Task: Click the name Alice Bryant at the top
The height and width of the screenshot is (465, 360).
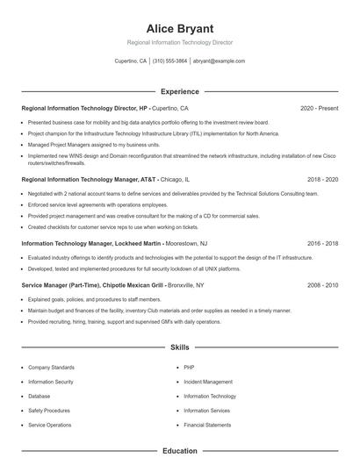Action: coord(180,28)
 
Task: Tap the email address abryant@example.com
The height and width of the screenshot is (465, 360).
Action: coord(220,61)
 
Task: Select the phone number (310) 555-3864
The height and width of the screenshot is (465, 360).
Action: coord(169,61)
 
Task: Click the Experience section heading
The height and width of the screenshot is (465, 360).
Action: coord(180,91)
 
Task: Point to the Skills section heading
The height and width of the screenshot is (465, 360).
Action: coord(180,347)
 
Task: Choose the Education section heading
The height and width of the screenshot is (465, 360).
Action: coord(180,451)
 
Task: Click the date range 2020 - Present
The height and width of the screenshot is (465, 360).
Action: coord(319,109)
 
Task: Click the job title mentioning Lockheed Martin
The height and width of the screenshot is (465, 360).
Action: coord(92,243)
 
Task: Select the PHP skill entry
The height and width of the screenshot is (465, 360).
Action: coord(189,368)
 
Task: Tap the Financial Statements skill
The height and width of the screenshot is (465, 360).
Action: coord(208,425)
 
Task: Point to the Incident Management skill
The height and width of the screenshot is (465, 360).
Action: coord(208,382)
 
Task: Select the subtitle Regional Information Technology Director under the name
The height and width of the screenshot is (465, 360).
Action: coord(180,42)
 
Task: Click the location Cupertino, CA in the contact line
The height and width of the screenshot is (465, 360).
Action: coord(131,61)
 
